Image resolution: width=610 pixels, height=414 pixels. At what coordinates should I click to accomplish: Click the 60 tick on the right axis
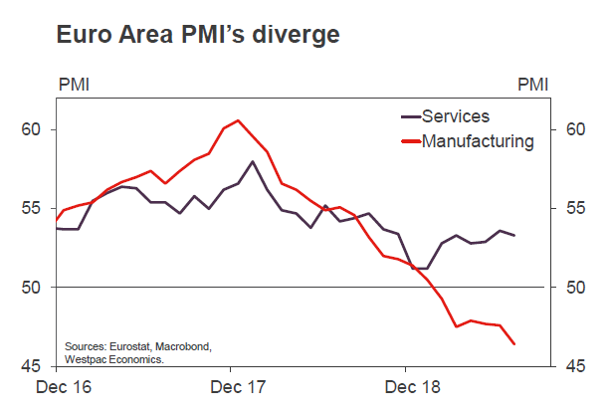pyautogui.click(x=574, y=129)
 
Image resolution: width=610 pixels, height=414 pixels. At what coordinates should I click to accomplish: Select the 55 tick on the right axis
pyautogui.click(x=574, y=208)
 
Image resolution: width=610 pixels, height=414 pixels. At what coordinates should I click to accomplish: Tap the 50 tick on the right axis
pyautogui.click(x=574, y=288)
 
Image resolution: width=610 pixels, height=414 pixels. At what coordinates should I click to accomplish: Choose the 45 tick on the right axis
pyautogui.click(x=574, y=366)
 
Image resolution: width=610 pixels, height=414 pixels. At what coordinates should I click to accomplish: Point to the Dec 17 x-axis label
pyautogui.click(x=238, y=384)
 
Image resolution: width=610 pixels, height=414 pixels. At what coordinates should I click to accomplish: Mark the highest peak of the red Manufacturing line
pyautogui.click(x=238, y=120)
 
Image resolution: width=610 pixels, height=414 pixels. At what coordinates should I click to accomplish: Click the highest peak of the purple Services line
pyautogui.click(x=253, y=161)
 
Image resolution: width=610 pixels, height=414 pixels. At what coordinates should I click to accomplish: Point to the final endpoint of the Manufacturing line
pyautogui.click(x=514, y=344)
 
